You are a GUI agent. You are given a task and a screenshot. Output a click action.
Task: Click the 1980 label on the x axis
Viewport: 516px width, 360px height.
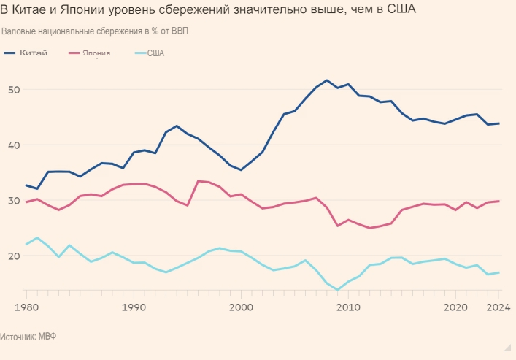(x=26, y=307)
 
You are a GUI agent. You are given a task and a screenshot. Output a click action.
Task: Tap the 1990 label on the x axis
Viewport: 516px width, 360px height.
(x=134, y=307)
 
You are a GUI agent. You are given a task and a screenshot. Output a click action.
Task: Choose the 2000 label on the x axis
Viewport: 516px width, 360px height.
(x=241, y=307)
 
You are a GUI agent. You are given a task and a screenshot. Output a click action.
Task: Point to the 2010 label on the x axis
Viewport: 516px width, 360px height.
(x=348, y=307)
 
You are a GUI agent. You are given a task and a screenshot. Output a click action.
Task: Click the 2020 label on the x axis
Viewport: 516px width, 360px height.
(x=455, y=307)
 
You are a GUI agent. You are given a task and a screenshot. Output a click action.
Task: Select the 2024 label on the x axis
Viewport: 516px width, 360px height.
(x=499, y=307)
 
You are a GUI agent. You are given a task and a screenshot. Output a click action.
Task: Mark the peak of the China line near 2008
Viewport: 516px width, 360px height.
(x=326, y=80)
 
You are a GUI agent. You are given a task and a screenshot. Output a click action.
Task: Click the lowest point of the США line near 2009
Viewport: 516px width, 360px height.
(x=337, y=290)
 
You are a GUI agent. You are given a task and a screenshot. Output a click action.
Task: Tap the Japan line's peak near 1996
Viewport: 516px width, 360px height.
(x=199, y=181)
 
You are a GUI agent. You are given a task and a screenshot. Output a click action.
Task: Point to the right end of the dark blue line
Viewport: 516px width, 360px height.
(x=498, y=123)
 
